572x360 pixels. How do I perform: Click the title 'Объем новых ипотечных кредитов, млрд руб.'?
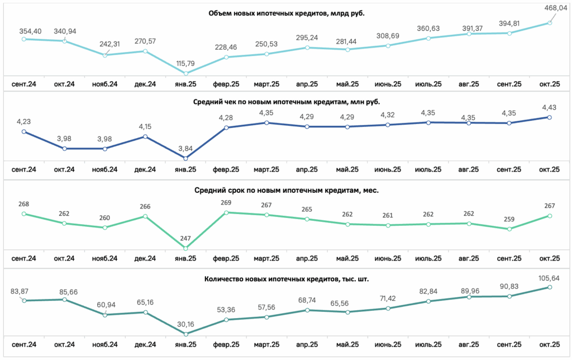tap(287, 13)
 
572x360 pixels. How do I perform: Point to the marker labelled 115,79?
tap(185, 73)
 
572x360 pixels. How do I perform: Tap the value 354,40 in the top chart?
tap(30, 31)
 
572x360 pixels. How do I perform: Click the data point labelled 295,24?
tap(307, 48)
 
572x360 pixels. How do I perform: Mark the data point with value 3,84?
tap(185, 158)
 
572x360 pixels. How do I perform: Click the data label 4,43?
tap(549, 107)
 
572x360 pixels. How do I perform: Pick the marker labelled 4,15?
tap(145, 136)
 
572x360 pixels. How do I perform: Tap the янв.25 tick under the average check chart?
tap(185, 169)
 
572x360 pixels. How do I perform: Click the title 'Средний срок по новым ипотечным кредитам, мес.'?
tap(287, 190)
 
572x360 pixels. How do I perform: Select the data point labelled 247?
tap(185, 248)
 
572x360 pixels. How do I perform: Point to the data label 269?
tap(226, 202)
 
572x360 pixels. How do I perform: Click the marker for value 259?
tap(509, 229)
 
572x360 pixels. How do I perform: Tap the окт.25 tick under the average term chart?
tap(550, 258)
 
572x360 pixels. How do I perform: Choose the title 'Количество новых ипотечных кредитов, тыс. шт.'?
tap(287, 280)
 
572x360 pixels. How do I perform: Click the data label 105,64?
tap(549, 278)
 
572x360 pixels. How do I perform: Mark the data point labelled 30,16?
tap(185, 334)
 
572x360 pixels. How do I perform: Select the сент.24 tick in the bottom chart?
tap(23, 345)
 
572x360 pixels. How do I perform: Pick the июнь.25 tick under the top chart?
tap(388, 84)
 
